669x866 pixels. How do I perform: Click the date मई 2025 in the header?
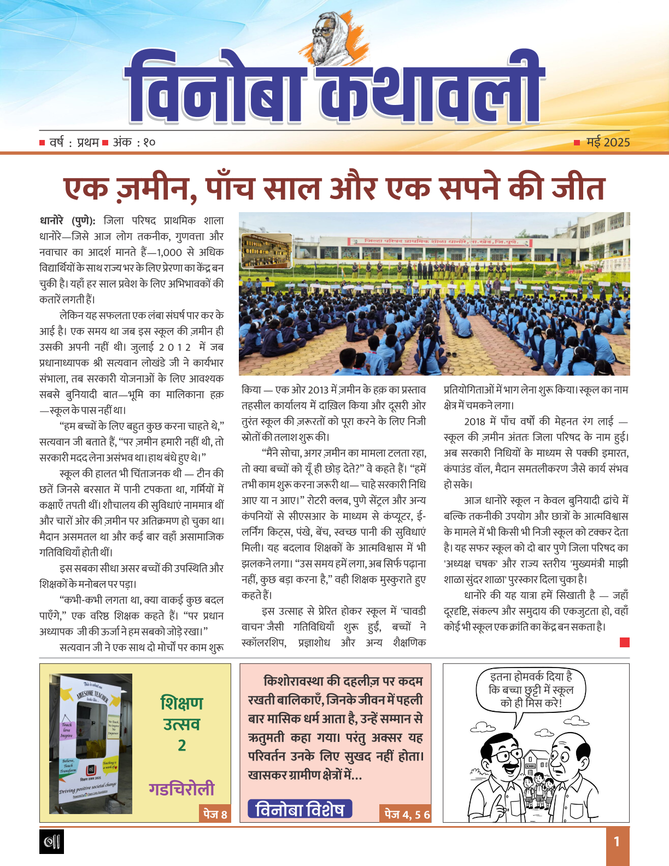click(608, 143)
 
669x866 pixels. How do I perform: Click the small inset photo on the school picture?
click(266, 251)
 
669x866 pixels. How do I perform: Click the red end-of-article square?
click(625, 642)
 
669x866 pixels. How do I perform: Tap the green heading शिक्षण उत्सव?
click(181, 713)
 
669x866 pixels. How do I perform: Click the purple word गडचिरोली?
click(181, 789)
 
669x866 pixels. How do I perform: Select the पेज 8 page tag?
click(215, 814)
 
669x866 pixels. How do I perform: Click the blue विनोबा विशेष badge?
click(300, 809)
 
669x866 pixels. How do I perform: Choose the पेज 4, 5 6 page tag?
click(407, 814)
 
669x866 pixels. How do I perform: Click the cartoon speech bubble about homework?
click(531, 690)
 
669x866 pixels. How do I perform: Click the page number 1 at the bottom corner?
click(617, 841)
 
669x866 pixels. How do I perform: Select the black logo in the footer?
click(52, 841)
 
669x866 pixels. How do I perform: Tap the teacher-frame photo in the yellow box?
click(91, 743)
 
